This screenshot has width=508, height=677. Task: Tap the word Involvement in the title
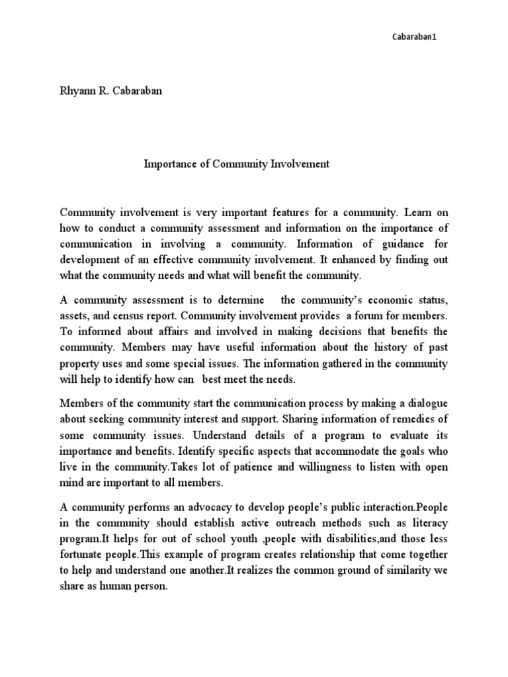303,164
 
